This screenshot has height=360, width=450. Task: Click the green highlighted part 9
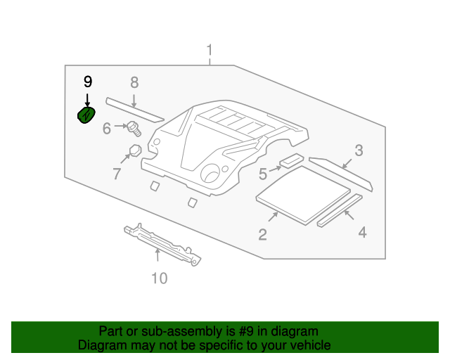point(85,115)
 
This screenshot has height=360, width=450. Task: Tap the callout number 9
point(88,82)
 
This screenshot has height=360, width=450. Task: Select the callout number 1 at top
point(209,51)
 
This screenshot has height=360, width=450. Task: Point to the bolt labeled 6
point(134,128)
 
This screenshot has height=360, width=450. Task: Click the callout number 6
point(107,129)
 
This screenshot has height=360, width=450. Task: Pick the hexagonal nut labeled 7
point(134,150)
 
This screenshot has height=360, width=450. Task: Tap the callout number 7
point(117,173)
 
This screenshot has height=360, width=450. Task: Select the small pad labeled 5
point(292,162)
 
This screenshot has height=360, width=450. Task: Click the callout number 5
point(262,172)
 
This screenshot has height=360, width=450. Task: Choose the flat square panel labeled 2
point(304,194)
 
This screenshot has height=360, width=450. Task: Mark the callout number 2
point(262,235)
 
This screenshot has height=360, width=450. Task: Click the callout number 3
point(359,150)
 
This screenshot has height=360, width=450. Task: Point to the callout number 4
point(362,231)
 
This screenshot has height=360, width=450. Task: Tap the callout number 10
point(160,278)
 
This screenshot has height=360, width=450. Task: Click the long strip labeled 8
point(134,108)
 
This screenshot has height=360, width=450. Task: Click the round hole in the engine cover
point(210,173)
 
